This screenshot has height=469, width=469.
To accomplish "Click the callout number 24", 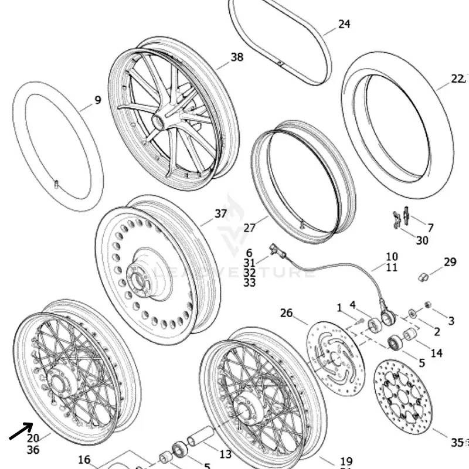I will [344, 24].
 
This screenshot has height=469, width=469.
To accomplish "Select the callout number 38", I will [237, 57].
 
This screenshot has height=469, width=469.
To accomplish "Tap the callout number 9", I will [97, 100].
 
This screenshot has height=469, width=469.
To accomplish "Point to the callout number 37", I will [220, 214].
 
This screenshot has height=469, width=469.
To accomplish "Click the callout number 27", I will [250, 227].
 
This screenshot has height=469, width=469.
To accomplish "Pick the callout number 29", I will [450, 262].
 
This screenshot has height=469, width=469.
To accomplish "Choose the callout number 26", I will [286, 313].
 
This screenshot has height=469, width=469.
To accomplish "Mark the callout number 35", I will [457, 442].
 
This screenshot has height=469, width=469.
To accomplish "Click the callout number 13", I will [225, 454].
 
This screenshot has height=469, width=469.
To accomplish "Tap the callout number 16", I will [84, 460].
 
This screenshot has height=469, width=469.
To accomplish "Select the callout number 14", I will [437, 353].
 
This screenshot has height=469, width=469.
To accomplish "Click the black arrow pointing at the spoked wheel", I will [21, 432].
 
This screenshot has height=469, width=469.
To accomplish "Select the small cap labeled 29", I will [423, 276].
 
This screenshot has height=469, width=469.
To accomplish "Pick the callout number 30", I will [422, 240].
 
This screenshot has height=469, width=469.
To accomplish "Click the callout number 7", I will [431, 227].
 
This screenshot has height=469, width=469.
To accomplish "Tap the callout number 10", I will [392, 256].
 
